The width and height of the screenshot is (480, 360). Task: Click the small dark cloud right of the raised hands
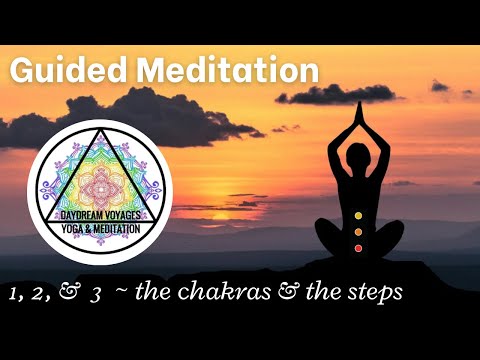click(x=440, y=87)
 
